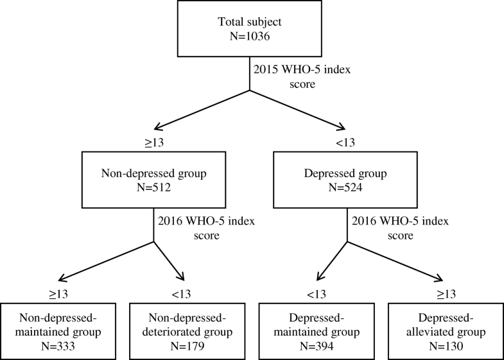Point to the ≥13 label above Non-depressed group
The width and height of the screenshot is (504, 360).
155,142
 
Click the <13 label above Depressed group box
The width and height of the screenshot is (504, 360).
346,142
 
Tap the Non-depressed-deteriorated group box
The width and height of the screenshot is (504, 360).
187,328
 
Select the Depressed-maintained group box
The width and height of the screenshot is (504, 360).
314,328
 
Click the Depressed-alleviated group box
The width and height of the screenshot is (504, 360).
442,328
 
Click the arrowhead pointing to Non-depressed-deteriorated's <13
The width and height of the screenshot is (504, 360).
182,277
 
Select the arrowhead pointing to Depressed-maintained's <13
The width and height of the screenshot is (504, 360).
319,277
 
